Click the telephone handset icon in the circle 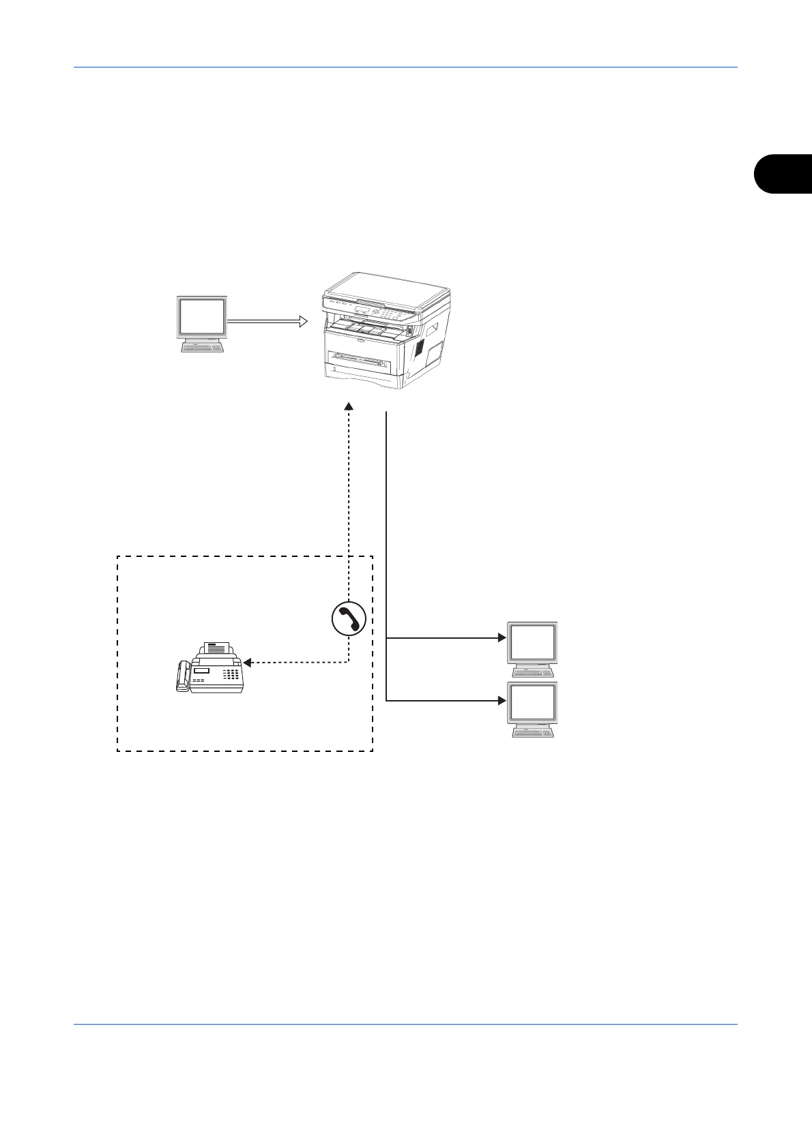point(349,619)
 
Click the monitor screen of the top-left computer point(201,316)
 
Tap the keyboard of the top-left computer point(202,348)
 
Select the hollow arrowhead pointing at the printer point(303,320)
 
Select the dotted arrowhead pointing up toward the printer point(349,406)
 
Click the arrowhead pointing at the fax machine point(248,662)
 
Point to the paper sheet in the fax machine point(218,648)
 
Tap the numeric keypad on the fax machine point(232,674)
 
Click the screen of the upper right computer point(532,641)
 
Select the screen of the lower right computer point(532,703)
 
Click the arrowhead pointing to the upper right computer point(502,638)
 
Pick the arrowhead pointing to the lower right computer point(502,700)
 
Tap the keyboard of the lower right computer point(533,733)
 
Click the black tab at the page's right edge point(784,174)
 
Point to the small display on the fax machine point(200,671)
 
